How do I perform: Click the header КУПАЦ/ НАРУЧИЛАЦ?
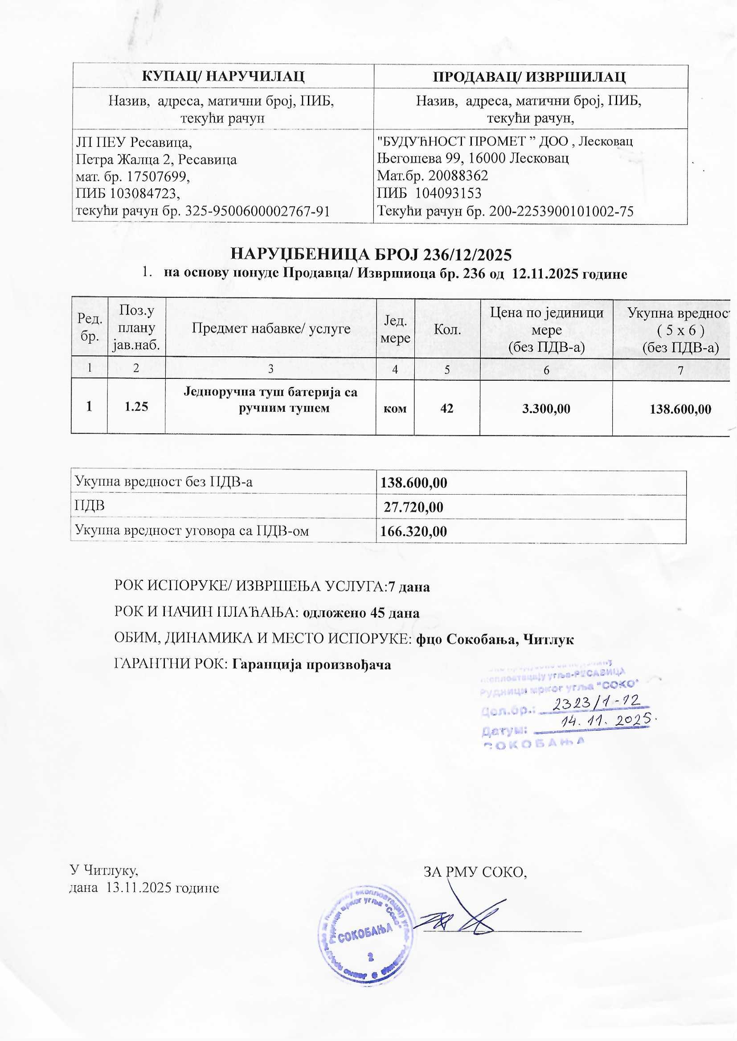tap(222, 76)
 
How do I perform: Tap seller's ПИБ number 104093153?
tap(448, 194)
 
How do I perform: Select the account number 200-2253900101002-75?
tap(561, 211)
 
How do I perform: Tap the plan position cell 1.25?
tap(136, 406)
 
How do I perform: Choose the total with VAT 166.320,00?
tap(414, 531)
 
